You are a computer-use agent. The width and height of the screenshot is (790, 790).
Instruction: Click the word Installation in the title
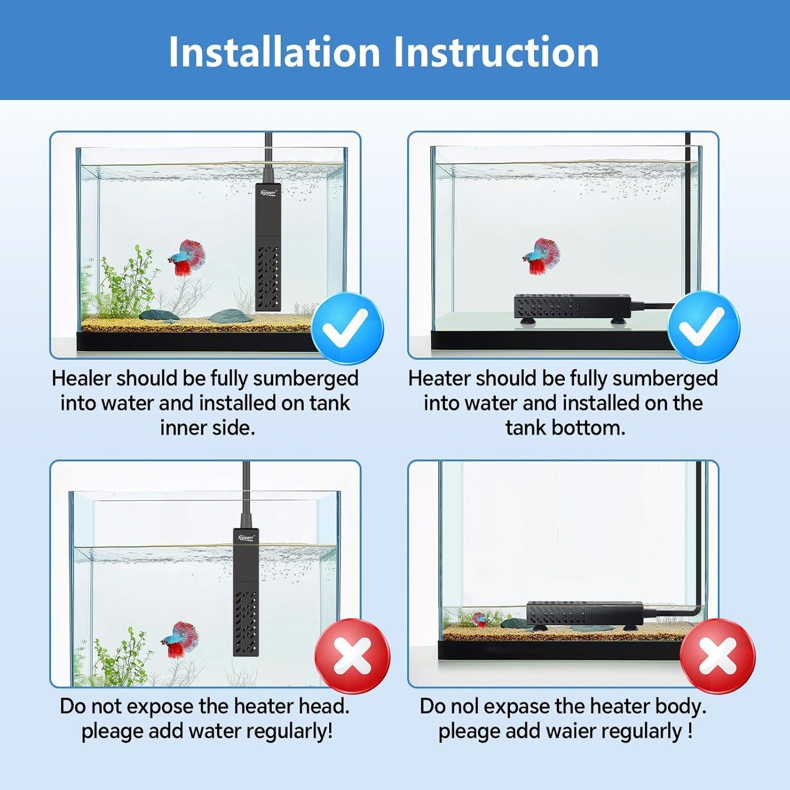[x=274, y=52]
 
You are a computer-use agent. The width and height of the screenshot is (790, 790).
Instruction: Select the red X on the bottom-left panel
[x=352, y=657]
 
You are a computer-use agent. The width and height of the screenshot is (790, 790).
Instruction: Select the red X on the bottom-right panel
[x=717, y=657]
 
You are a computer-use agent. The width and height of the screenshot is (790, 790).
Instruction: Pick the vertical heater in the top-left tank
[x=268, y=248]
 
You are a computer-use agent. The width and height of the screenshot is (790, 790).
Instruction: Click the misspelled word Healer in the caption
[x=81, y=378]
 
